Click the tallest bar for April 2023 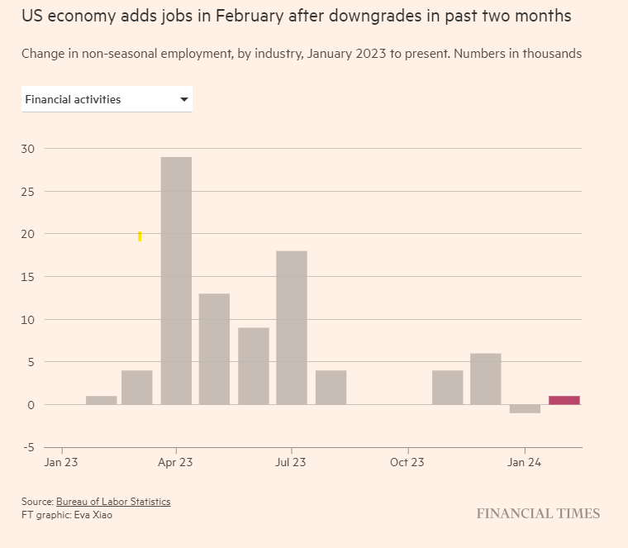[176, 280]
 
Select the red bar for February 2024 [564, 400]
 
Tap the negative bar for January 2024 [525, 408]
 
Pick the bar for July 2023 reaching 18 [292, 327]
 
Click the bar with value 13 [214, 349]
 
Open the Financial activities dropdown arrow [183, 100]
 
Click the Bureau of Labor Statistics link [113, 502]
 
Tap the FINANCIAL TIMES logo [538, 513]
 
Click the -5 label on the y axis [27, 447]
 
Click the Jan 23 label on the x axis [60, 463]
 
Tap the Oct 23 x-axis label [407, 463]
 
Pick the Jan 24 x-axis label [524, 463]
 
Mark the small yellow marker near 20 [140, 236]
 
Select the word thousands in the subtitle [551, 54]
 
